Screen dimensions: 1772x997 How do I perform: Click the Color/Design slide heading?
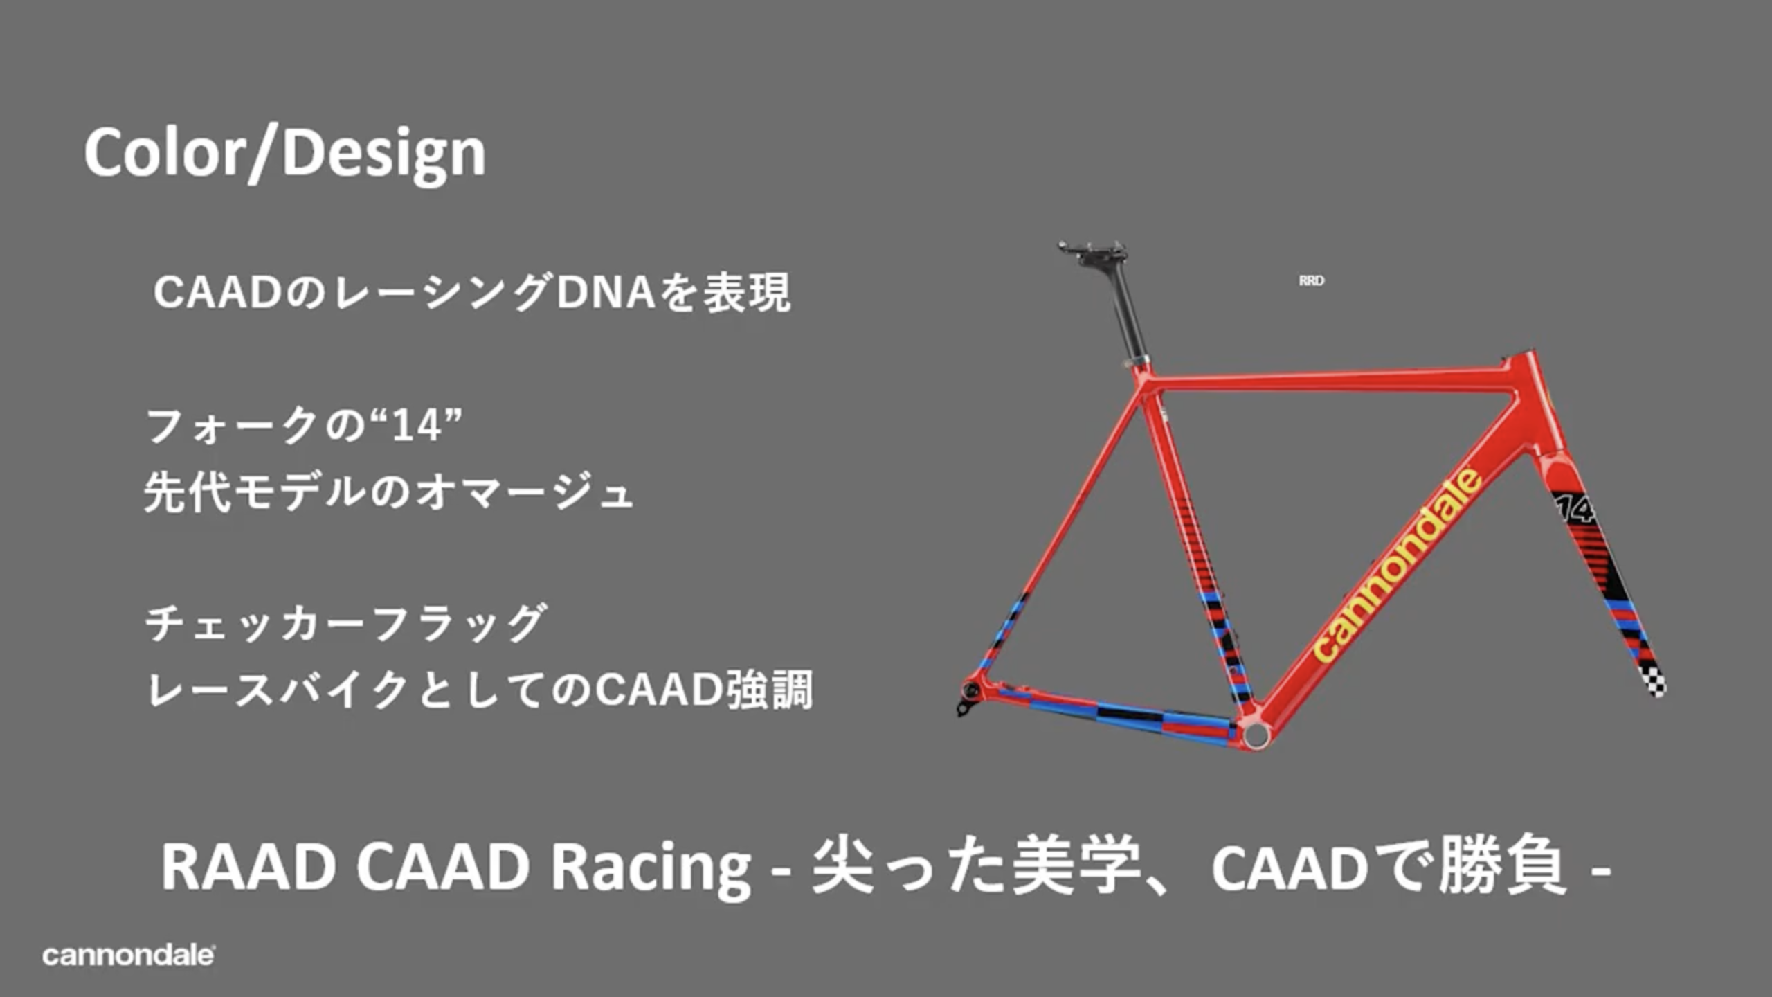point(284,154)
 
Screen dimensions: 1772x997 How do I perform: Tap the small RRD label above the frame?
point(1311,280)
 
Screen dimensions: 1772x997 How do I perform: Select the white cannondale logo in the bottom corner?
point(128,955)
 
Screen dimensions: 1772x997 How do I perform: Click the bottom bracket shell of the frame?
point(1256,734)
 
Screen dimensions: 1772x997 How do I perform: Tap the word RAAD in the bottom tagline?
point(248,867)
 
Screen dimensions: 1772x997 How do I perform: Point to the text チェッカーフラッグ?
point(346,623)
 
